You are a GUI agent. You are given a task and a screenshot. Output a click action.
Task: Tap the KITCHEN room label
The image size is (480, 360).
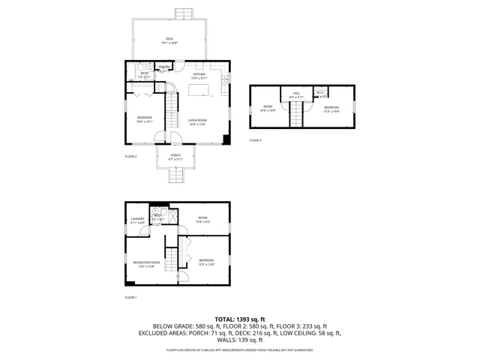click(x=199, y=74)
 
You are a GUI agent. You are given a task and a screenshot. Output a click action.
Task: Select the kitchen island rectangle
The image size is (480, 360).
click(x=199, y=90)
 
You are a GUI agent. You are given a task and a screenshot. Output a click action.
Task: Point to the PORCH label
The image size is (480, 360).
click(x=175, y=154)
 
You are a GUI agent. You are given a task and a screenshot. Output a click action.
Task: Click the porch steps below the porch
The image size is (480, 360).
click(x=175, y=175)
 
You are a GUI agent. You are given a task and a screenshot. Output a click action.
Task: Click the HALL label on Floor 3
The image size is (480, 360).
click(x=295, y=94)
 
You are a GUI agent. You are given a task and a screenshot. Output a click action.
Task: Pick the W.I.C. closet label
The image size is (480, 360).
click(x=320, y=93)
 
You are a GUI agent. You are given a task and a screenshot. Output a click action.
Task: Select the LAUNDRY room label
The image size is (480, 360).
click(x=137, y=219)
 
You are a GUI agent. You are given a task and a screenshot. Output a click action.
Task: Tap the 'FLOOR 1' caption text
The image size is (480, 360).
click(x=130, y=298)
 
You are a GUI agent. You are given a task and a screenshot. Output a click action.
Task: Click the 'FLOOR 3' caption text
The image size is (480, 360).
click(x=255, y=140)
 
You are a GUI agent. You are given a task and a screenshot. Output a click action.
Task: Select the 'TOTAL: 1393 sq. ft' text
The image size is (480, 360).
click(x=240, y=319)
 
